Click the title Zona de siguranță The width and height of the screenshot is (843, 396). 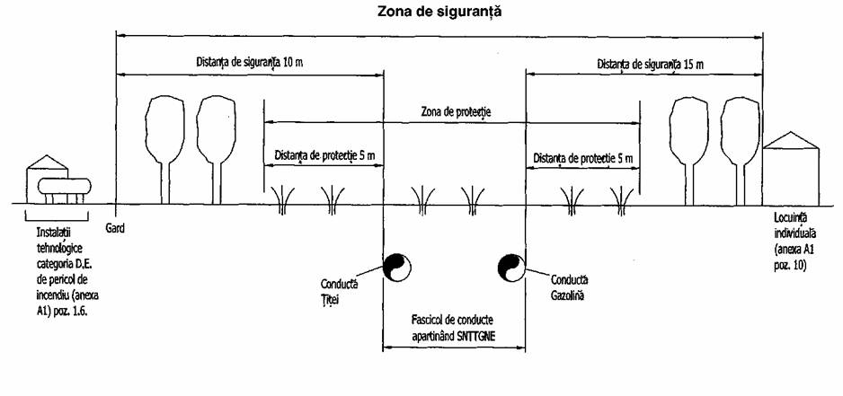(x=440, y=12)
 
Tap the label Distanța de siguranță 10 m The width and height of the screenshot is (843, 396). (x=249, y=61)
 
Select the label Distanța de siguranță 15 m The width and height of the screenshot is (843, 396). (x=650, y=65)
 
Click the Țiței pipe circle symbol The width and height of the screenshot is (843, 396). (x=397, y=267)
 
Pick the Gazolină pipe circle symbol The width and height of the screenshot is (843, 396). (x=511, y=267)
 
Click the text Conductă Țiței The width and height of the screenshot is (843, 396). (x=339, y=290)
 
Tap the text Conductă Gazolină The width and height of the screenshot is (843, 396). (x=569, y=287)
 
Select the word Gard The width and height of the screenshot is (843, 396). (x=114, y=228)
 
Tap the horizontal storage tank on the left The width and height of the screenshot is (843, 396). (x=64, y=187)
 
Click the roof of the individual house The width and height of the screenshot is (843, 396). (x=790, y=140)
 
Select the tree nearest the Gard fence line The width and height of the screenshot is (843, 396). (x=165, y=149)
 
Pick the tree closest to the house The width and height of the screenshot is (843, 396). (x=741, y=151)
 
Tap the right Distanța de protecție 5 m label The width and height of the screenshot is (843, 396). (x=582, y=159)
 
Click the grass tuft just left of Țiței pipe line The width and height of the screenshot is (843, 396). (x=333, y=199)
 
